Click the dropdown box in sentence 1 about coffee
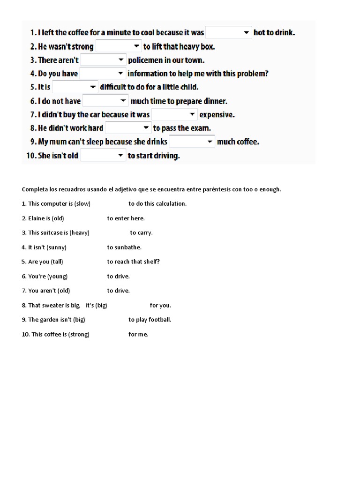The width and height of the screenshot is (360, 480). tap(229, 32)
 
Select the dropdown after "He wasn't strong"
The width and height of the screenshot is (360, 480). tap(119, 46)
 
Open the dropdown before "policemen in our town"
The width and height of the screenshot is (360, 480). tap(103, 60)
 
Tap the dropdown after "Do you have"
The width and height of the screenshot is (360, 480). tap(103, 73)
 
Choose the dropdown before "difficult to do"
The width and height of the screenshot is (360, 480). tap(75, 87)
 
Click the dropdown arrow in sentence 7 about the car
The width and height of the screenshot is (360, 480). tap(193, 114)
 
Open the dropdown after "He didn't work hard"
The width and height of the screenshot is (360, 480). tap(128, 127)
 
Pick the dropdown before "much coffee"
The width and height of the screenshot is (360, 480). tap(192, 141)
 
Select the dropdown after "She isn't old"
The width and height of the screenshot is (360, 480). tap(103, 155)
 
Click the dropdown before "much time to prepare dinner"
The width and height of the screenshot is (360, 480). tap(105, 101)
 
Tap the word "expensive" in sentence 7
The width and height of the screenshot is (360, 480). tap(217, 114)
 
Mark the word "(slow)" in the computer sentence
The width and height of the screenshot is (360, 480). tap(82, 203)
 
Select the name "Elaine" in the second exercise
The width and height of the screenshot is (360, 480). tap(36, 218)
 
